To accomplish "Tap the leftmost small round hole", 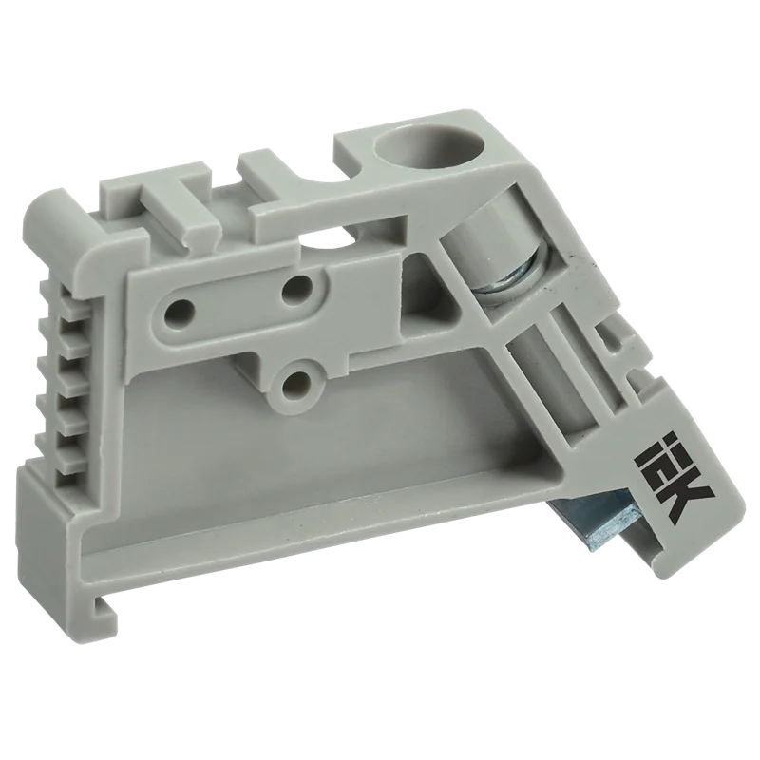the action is click(x=178, y=315).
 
